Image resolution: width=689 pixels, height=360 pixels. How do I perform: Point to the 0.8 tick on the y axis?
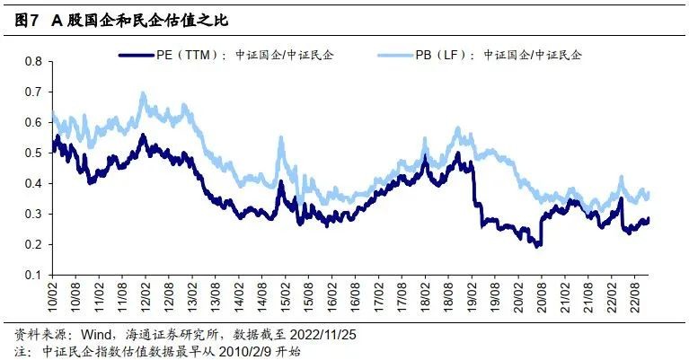pos(34,61)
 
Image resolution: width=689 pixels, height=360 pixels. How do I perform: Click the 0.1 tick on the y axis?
pos(34,275)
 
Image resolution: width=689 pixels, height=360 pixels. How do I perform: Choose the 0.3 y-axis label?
pos(34,214)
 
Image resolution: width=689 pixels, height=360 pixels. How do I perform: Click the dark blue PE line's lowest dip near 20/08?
pos(538,245)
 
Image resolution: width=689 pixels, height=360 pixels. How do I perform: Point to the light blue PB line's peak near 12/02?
pos(142,93)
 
